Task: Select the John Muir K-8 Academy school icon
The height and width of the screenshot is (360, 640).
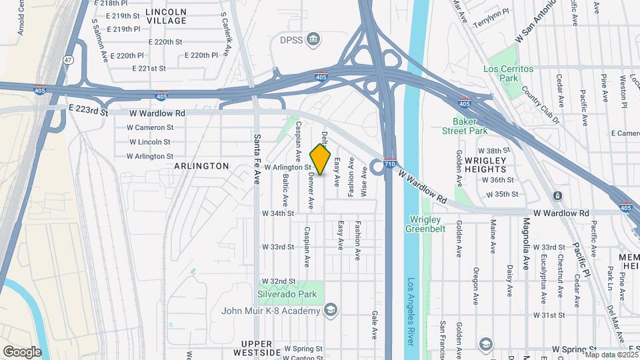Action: [329, 309]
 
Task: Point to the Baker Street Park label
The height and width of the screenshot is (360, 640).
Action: [465, 126]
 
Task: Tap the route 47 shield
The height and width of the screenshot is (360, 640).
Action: [69, 60]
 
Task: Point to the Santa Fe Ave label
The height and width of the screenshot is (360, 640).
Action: [257, 158]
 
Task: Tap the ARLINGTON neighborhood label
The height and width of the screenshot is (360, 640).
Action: [202, 165]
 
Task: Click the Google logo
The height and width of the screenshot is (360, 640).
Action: [22, 351]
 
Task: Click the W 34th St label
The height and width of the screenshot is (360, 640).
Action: [278, 213]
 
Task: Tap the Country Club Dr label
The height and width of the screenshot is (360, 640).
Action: [541, 105]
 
